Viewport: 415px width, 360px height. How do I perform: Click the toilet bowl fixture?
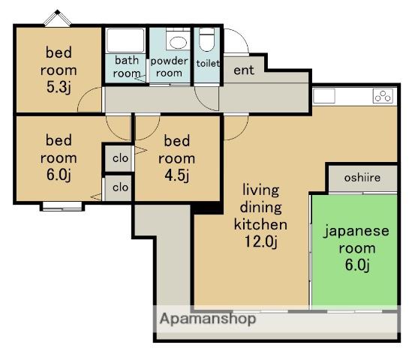pos(206,39)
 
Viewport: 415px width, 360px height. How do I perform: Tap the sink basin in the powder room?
pos(178,42)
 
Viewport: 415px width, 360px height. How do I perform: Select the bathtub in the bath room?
pos(125,40)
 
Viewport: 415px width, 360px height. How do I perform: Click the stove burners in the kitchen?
pos(383,96)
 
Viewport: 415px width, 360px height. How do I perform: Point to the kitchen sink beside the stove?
pos(324,96)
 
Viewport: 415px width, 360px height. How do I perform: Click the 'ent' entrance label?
pos(244,70)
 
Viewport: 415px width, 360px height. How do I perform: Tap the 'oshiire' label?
pos(362,178)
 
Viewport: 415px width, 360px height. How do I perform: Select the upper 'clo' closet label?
pos(120,158)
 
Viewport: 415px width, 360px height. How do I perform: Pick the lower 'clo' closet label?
pos(120,187)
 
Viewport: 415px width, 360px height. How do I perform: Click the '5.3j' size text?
pos(59,87)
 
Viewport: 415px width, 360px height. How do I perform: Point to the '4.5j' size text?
pos(177,175)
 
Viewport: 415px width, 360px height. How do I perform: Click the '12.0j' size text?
pos(260,241)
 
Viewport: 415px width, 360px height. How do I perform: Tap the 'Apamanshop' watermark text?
pos(208,319)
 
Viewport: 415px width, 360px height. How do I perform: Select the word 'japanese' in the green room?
pos(356,232)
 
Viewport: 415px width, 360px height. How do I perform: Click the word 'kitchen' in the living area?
pos(260,224)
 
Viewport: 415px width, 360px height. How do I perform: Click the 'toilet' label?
pos(208,63)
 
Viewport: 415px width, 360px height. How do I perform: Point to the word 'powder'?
pos(169,61)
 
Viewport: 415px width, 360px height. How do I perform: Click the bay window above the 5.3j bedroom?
pos(58,18)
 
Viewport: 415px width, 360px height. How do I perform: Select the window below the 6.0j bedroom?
pos(62,206)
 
